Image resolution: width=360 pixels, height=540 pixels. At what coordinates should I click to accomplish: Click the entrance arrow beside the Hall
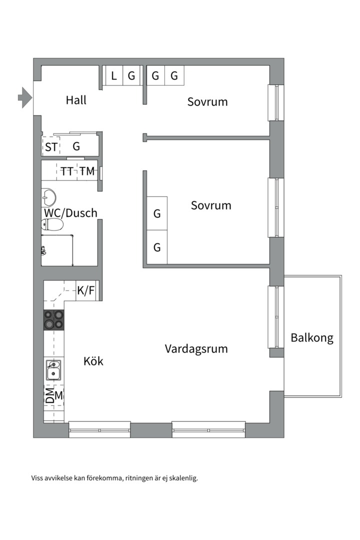click(24, 97)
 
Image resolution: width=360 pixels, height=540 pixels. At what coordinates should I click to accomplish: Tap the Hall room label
click(76, 100)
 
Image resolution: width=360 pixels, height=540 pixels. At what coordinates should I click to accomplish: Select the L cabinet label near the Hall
click(114, 76)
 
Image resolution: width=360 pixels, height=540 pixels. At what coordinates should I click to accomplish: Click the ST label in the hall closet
click(51, 147)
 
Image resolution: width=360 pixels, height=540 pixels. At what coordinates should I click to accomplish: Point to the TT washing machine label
click(67, 171)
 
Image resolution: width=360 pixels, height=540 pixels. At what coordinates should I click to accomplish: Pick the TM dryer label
click(86, 171)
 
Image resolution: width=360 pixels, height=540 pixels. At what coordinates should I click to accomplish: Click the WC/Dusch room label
click(70, 213)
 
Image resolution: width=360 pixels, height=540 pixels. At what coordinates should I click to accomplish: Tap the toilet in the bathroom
click(51, 225)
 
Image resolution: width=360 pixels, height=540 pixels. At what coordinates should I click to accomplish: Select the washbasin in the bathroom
click(48, 196)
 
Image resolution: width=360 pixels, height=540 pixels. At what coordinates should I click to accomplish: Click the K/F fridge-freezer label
click(85, 290)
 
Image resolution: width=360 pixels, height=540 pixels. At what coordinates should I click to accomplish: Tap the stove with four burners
click(54, 319)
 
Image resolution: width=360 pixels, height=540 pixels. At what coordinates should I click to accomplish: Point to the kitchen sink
click(53, 370)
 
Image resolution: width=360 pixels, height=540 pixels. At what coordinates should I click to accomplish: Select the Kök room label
click(93, 360)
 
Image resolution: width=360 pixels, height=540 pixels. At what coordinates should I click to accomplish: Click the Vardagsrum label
click(196, 348)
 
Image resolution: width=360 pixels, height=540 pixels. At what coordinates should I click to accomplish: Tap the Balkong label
click(312, 338)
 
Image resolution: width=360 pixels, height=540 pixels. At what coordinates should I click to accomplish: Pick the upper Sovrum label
click(207, 102)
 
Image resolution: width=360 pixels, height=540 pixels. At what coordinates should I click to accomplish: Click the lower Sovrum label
click(211, 205)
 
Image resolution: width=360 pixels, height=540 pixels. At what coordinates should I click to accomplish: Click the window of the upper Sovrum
click(275, 102)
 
